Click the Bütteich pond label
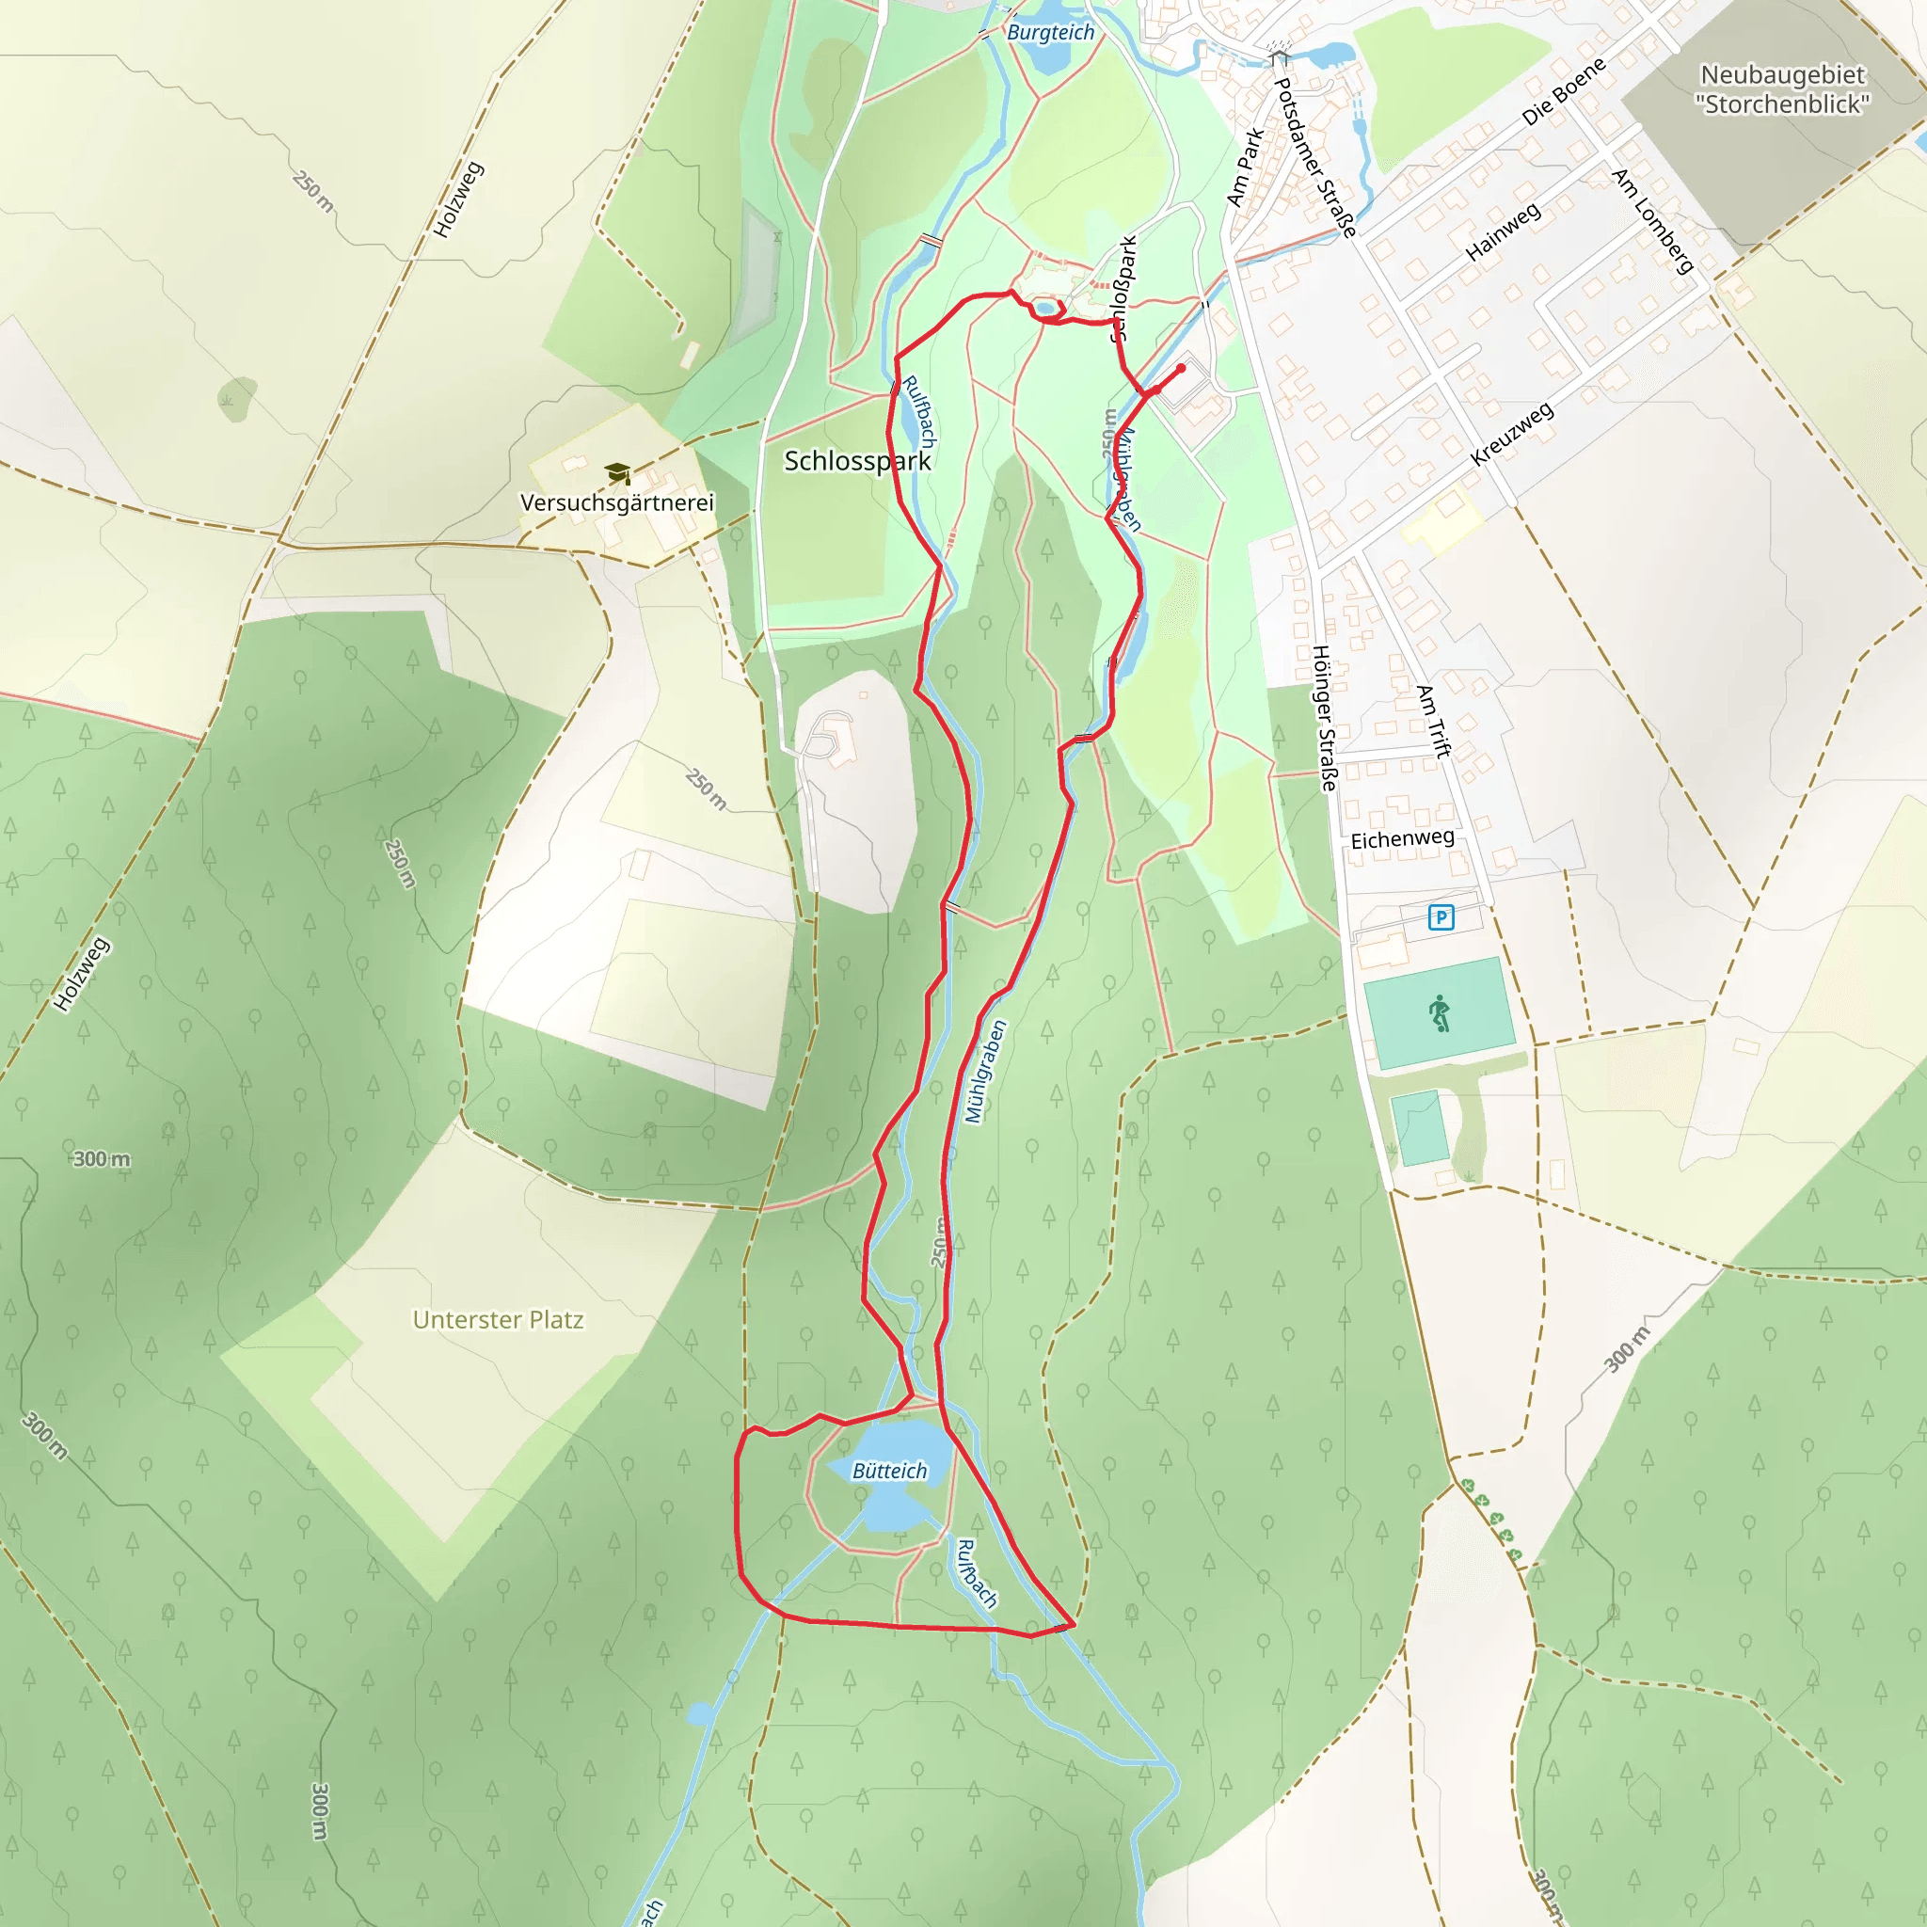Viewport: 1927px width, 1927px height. (888, 1471)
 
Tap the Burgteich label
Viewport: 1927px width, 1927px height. (1050, 33)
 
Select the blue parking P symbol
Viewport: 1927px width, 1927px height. (1441, 916)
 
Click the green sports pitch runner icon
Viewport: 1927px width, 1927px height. (1440, 1013)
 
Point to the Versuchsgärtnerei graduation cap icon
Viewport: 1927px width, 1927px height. (617, 472)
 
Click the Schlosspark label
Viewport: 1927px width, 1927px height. (857, 461)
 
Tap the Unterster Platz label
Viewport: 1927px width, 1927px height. (498, 1319)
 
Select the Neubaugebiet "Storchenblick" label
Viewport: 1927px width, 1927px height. (1781, 88)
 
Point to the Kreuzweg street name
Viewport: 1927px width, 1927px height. (1512, 434)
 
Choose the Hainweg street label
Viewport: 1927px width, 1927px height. (1502, 232)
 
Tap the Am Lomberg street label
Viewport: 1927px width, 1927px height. (1652, 220)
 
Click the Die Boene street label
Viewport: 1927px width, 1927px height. (1563, 92)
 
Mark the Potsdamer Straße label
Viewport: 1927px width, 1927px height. (1315, 157)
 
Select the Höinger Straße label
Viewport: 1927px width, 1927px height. (1324, 718)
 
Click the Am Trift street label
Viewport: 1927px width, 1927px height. (1432, 721)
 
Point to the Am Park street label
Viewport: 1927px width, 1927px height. (1245, 167)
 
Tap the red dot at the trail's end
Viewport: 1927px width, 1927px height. (1181, 368)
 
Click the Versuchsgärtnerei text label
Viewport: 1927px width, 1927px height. (617, 502)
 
